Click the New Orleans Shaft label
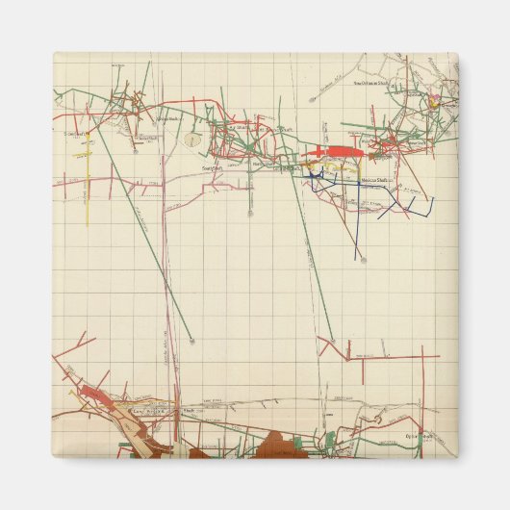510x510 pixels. pyautogui.click(x=370, y=83)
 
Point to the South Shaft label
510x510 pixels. pyautogui.click(x=212, y=166)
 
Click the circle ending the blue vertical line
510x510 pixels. pyautogui.click(x=359, y=259)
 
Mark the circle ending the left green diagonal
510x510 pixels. pyautogui.click(x=191, y=340)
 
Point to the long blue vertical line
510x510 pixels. pyautogui.click(x=357, y=221)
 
